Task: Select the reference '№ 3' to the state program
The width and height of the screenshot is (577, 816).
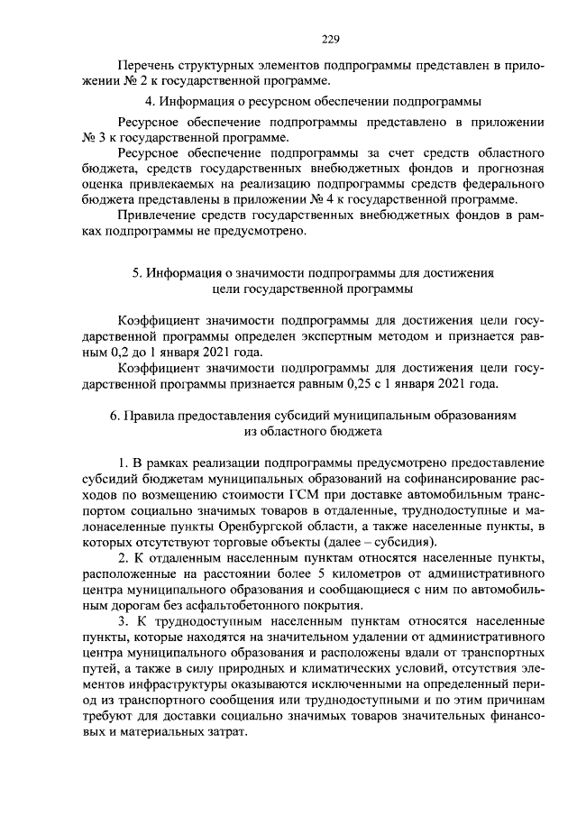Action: (94, 137)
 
